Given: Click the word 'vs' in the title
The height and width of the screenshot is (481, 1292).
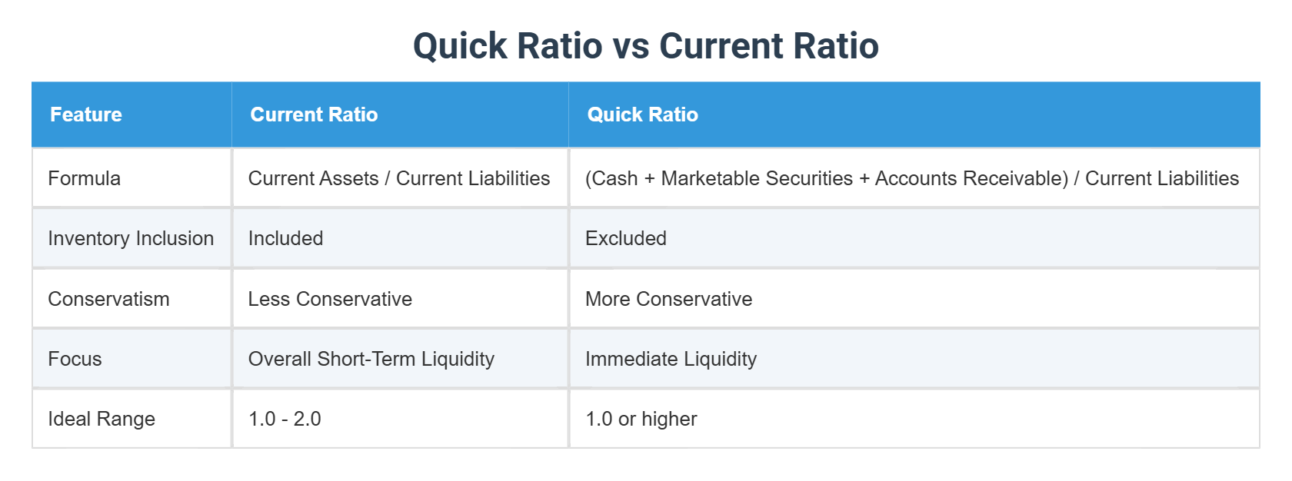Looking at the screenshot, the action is [631, 46].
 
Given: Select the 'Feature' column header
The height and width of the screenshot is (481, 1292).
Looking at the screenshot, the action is [86, 114].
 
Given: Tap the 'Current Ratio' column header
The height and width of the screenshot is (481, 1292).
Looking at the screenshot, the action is [314, 114].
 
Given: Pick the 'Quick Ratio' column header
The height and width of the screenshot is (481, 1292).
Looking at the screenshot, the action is [643, 114].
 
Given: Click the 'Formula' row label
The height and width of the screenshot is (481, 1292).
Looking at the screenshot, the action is [85, 178].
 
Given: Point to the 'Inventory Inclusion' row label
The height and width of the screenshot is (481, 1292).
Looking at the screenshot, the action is [131, 238].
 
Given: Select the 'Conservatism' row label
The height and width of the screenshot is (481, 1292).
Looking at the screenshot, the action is [108, 299].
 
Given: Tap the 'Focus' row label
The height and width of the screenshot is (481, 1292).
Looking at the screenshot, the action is [75, 359].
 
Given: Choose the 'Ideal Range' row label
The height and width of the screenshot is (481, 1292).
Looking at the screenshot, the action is [102, 419].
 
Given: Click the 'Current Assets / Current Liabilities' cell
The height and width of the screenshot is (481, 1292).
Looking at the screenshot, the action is [399, 178].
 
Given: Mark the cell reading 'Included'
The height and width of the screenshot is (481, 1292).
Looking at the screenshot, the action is [285, 238].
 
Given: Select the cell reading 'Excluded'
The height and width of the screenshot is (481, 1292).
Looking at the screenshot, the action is [626, 238].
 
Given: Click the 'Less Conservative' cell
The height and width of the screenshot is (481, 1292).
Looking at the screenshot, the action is [330, 299].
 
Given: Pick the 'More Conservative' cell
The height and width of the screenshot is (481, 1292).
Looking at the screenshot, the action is [668, 299].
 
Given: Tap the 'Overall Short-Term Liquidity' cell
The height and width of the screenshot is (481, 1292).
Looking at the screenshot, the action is [371, 359].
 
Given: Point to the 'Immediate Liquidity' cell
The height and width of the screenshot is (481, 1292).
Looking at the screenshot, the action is [671, 359].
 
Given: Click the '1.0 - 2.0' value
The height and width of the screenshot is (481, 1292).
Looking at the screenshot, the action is [285, 419].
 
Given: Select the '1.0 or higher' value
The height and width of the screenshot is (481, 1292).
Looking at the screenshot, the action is [641, 419].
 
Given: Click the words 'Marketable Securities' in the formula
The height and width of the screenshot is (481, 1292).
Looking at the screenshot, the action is [757, 178].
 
